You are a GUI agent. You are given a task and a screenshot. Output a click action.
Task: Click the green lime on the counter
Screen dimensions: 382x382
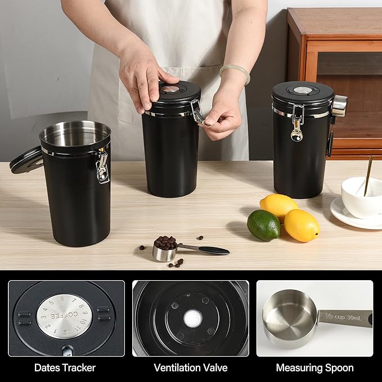point(263,225)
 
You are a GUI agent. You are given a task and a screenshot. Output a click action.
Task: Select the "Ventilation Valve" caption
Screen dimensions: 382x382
point(191,367)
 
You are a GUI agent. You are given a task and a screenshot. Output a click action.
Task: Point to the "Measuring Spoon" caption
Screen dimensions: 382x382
point(314,367)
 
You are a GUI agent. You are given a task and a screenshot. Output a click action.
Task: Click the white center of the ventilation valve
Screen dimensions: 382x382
point(192,319)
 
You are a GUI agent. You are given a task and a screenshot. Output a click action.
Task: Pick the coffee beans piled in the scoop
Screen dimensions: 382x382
point(165,242)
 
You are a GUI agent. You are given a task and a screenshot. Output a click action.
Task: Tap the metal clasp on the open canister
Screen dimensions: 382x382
point(102,167)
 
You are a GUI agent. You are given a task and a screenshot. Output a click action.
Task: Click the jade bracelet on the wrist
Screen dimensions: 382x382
point(235,72)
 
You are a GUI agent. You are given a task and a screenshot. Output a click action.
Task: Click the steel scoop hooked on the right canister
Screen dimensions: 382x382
point(339,105)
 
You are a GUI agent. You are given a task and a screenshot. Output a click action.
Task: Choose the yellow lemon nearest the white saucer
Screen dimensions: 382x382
point(301,225)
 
